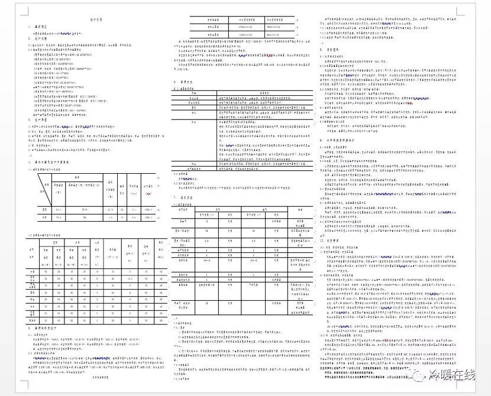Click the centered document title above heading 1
point(96,20)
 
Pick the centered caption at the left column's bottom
point(96,376)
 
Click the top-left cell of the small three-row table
point(211,20)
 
